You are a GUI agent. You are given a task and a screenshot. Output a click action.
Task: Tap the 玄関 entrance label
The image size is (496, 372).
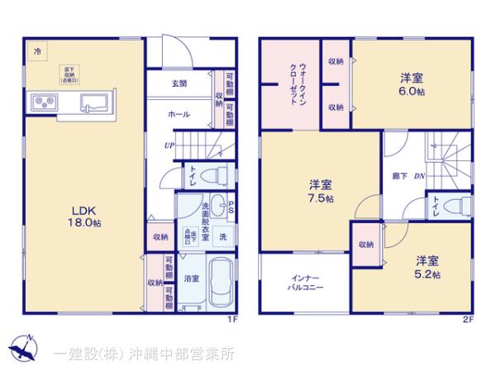coord(179,84)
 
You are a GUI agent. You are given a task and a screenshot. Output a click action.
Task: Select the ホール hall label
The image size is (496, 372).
coord(179,114)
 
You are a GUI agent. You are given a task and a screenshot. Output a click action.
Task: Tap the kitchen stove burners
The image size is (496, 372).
coord(42,102)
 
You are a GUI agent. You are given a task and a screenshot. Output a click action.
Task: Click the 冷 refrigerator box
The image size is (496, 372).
coord(36,51)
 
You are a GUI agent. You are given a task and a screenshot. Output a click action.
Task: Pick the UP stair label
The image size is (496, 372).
coord(169,145)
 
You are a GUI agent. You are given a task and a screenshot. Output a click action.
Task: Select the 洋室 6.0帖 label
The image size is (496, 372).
coord(413,83)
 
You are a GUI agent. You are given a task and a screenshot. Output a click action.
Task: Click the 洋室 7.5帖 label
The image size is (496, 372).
coord(322,191)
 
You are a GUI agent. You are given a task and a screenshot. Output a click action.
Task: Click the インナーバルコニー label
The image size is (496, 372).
coord(306,283)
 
